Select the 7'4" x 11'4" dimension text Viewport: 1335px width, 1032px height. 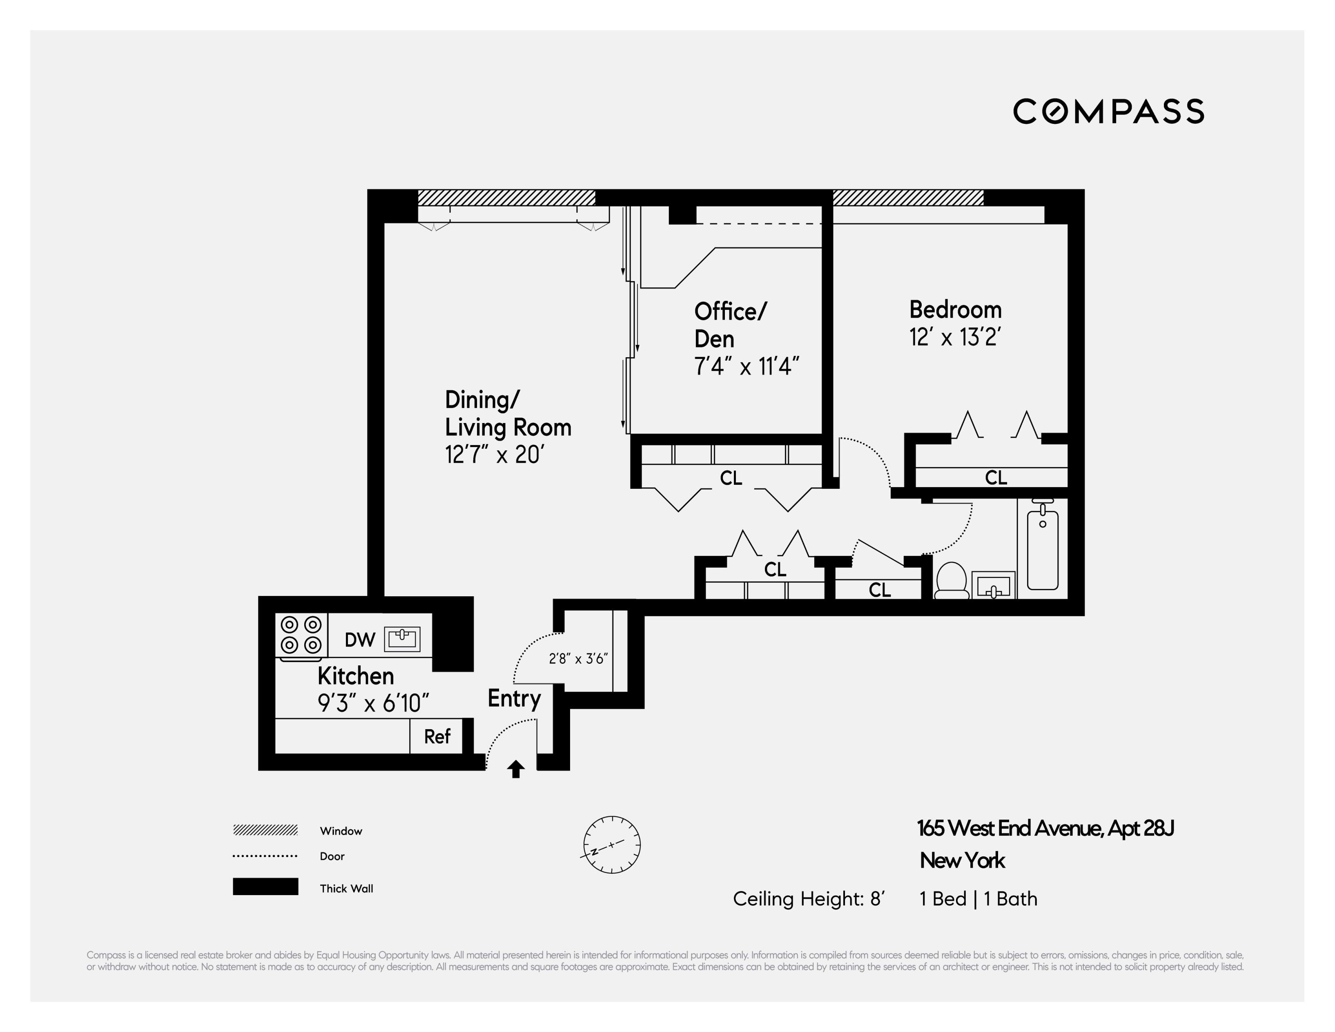coord(747,367)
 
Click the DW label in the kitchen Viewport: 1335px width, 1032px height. coord(359,640)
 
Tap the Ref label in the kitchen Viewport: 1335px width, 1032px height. coord(437,737)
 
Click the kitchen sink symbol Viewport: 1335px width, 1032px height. coord(401,639)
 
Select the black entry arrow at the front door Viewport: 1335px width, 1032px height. coord(516,769)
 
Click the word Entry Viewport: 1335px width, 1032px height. coord(514,698)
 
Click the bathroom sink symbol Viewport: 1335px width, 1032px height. coord(993,587)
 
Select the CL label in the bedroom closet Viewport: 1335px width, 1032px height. coord(996,478)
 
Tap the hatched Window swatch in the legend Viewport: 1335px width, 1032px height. coord(265,830)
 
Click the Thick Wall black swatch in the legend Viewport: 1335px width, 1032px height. coord(265,886)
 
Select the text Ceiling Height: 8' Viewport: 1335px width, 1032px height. coord(808,899)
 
